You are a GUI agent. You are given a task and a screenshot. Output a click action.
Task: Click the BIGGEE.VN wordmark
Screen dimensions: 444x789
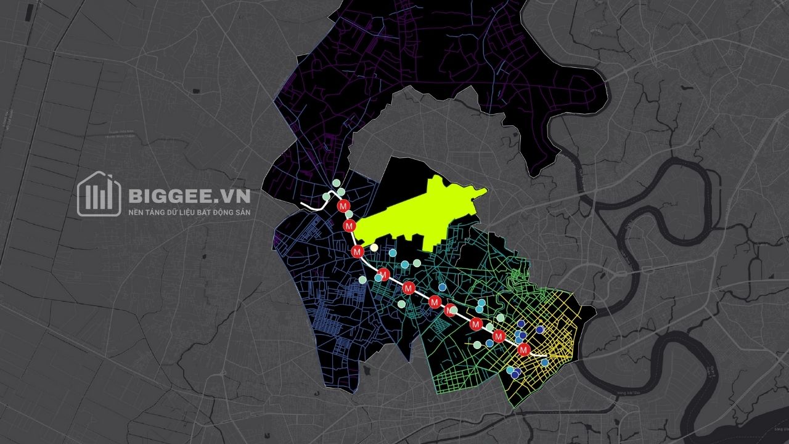click(x=189, y=196)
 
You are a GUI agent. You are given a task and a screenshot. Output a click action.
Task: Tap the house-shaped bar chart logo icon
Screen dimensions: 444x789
click(x=99, y=194)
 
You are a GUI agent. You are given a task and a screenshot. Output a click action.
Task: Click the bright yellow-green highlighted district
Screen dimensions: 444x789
click(x=419, y=216)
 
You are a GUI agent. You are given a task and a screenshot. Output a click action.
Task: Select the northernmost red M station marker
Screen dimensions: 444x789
click(x=344, y=205)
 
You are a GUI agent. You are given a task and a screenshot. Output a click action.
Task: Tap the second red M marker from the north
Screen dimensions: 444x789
click(x=350, y=227)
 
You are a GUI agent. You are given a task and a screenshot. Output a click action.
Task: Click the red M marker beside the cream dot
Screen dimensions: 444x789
click(x=357, y=251)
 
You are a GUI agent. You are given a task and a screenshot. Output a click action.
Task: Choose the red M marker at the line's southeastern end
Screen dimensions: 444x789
click(x=523, y=350)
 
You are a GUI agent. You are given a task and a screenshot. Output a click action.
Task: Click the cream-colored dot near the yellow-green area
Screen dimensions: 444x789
click(x=374, y=248)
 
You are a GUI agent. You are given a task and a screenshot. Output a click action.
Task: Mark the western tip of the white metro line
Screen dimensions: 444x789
click(x=301, y=203)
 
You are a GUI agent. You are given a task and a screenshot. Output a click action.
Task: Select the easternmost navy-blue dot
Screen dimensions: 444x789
click(x=540, y=330)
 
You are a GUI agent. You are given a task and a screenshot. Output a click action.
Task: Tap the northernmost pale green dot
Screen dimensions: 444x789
click(x=336, y=183)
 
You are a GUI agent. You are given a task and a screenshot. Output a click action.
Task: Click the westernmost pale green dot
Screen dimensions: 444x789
click(x=326, y=197)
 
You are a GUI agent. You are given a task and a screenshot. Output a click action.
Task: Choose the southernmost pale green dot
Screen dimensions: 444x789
click(x=477, y=345)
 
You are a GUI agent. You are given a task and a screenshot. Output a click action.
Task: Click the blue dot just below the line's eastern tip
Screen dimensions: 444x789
click(x=545, y=363)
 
